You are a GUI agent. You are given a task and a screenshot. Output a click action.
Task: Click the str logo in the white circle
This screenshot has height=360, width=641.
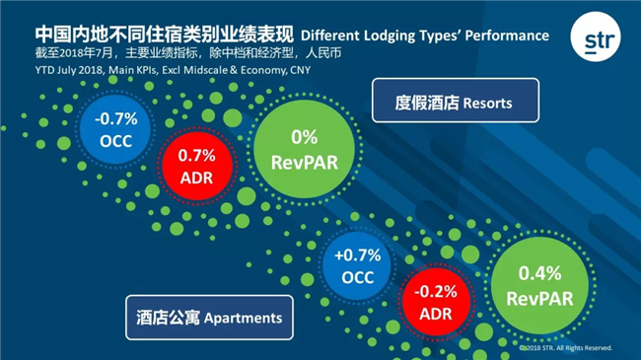click(596, 36)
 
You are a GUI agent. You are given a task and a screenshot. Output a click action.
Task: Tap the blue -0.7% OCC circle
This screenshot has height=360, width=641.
click(115, 129)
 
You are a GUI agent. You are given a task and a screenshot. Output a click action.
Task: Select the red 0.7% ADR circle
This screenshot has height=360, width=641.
click(197, 166)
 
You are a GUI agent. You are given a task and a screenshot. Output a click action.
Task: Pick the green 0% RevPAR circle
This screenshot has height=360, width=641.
click(304, 149)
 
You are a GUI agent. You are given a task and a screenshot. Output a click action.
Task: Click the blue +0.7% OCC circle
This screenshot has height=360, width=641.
click(357, 265)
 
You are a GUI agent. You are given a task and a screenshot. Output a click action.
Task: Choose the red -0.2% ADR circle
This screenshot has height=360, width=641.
click(436, 303)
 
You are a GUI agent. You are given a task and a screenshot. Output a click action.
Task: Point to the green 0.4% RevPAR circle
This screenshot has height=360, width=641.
click(539, 286)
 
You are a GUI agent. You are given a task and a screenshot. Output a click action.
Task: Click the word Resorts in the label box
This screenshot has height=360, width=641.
click(488, 104)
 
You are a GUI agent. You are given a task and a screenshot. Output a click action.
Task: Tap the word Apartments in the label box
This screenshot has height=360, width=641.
click(244, 319)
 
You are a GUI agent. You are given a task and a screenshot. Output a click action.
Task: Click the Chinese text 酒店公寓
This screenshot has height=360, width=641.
click(168, 318)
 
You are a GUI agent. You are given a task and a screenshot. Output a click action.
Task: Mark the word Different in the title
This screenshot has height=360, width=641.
click(330, 36)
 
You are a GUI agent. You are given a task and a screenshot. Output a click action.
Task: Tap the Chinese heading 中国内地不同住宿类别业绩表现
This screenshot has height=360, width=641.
click(165, 35)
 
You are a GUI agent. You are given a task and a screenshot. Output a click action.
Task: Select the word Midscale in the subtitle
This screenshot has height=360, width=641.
click(206, 70)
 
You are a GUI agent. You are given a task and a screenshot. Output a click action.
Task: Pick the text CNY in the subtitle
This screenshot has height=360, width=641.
click(301, 70)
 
